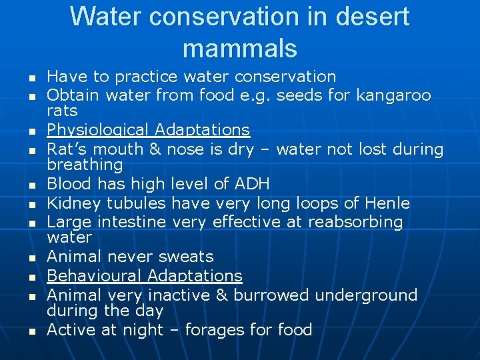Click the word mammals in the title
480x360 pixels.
coord(239,48)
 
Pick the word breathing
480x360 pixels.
coord(85,165)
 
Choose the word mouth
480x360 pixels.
coord(114,149)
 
